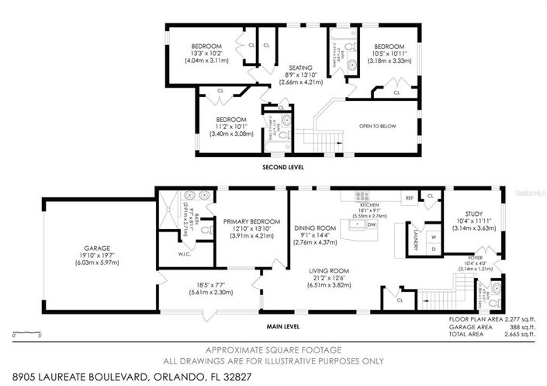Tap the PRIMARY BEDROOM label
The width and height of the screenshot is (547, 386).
click(x=246, y=221)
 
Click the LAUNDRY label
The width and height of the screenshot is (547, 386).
click(x=415, y=240)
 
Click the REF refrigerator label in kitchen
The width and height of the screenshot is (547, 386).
click(x=408, y=199)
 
